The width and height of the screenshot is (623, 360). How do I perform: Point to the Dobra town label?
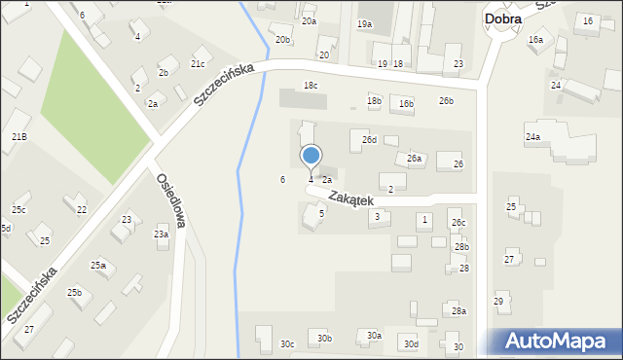[502, 18]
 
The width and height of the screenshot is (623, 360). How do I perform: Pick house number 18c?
[310, 86]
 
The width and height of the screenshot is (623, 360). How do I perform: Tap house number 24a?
[532, 137]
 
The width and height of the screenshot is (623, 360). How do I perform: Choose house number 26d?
[369, 140]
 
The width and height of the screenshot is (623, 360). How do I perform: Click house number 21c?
[197, 64]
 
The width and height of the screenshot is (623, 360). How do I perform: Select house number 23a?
[161, 234]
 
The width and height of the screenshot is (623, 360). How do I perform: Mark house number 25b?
[74, 293]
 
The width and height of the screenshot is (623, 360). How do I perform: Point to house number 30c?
[287, 343]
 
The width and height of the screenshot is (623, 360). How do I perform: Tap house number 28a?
[458, 311]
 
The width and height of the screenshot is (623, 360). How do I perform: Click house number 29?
[498, 302]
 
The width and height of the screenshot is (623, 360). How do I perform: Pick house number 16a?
[535, 40]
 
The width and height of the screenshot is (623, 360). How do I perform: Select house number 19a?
[364, 24]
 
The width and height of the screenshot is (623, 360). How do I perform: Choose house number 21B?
[19, 137]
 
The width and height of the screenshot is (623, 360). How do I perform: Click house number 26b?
[446, 101]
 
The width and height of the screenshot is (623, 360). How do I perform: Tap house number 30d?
[412, 344]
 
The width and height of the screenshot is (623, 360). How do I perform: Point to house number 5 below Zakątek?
[321, 213]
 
